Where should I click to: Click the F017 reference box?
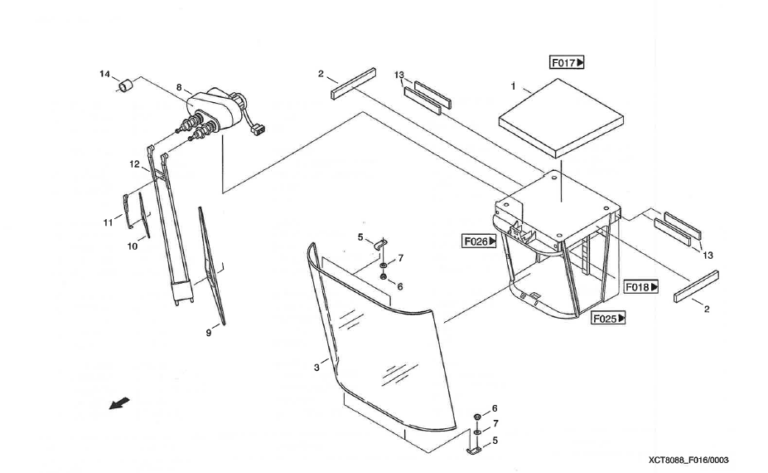coord(568,62)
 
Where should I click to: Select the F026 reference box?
coord(480,241)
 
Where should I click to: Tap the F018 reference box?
coord(641,286)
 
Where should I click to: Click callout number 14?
coord(105,75)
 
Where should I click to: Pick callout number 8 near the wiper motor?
coord(178,86)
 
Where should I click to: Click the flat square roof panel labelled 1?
coord(561,116)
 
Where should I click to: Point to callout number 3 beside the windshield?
coord(316,367)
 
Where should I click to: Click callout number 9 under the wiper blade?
coord(209,334)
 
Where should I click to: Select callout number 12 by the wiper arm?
coord(134,164)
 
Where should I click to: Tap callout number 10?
coord(133,246)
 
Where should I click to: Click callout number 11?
coord(108,222)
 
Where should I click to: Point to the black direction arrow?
coord(120,402)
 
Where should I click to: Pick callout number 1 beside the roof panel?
coord(514,85)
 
